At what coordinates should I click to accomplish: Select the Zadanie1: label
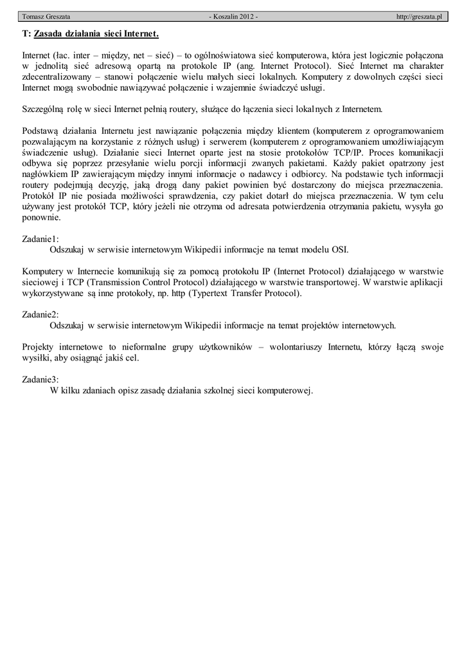point(40,238)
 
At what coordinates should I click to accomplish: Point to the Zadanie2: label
point(40,315)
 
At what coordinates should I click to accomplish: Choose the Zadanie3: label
point(40,380)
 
